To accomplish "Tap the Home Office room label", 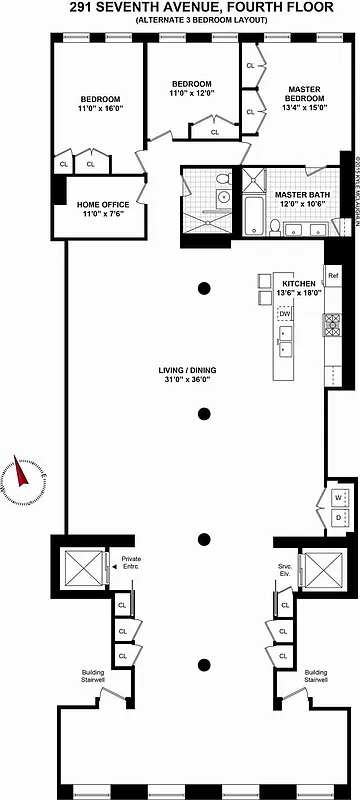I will pos(103,206).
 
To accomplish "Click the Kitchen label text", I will pos(299,285).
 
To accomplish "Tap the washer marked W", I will pos(338,497).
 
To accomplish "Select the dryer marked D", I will pos(338,517).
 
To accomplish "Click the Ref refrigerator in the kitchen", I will pos(333,274).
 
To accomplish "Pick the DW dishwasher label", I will pos(285,314).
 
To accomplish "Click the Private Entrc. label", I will pos(131,562).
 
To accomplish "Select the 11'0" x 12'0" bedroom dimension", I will pos(191,93).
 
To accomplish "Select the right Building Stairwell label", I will pos(315,677).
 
